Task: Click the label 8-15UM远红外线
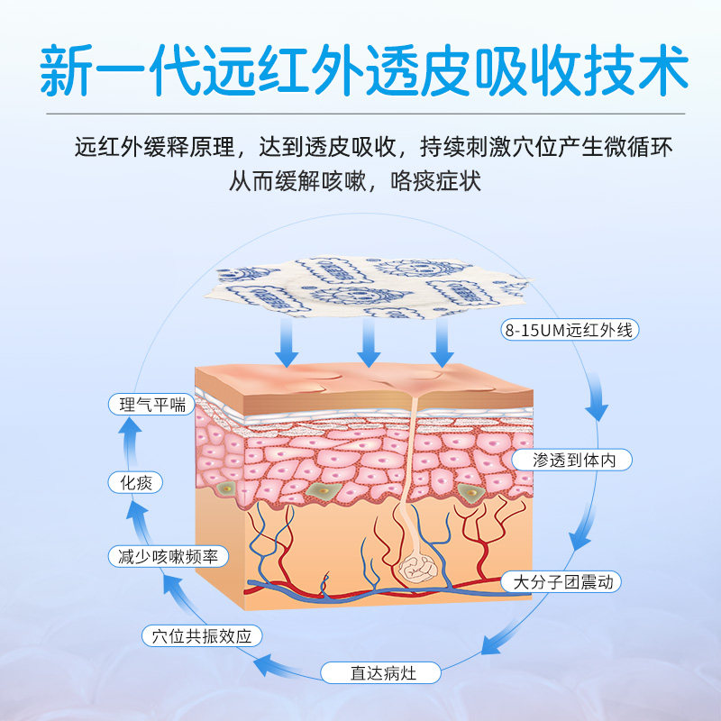pyautogui.click(x=570, y=330)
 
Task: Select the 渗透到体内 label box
pyautogui.click(x=570, y=460)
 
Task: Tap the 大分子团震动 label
pyautogui.click(x=562, y=582)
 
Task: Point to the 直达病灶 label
pyautogui.click(x=381, y=671)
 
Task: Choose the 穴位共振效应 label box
pyautogui.click(x=202, y=636)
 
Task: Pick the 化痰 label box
pyautogui.click(x=135, y=483)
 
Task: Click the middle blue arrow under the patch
pyautogui.click(x=368, y=344)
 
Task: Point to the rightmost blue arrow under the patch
pyautogui.click(x=442, y=344)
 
